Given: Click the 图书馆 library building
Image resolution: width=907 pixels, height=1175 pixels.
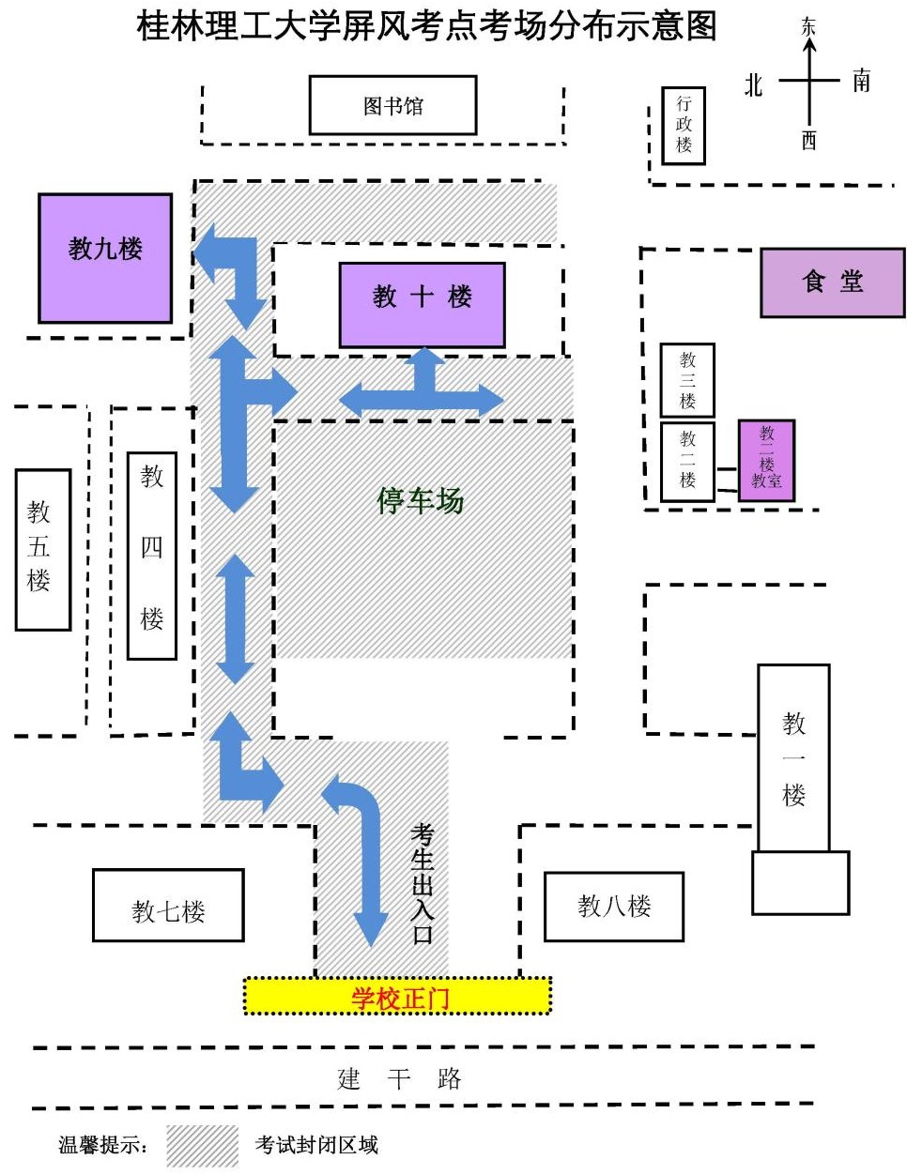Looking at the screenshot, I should (x=392, y=105).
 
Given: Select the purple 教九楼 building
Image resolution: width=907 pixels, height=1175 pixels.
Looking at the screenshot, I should (x=105, y=258).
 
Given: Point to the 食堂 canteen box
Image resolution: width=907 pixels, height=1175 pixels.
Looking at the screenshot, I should (x=832, y=282).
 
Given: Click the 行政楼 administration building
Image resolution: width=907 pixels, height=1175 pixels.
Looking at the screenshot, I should (x=683, y=126).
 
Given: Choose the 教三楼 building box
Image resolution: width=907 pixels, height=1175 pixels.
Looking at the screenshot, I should (x=687, y=380).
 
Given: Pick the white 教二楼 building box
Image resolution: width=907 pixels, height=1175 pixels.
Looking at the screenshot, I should (x=687, y=461).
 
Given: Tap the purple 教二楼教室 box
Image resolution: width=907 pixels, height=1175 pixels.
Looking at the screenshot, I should (x=766, y=460).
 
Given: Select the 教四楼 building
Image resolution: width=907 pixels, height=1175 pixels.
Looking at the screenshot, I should (x=152, y=556).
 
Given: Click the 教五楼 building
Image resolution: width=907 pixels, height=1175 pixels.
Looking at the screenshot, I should (x=43, y=549).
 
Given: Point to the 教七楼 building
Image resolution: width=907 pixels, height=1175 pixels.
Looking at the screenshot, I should (x=168, y=906).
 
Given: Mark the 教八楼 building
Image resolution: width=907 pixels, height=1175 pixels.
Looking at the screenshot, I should (x=614, y=906).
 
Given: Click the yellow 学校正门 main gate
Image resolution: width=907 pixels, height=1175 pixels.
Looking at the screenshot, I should (x=397, y=997).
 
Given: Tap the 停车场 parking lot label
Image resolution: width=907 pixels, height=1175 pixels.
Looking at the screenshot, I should (x=421, y=501).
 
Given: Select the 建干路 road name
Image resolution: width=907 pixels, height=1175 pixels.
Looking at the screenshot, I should (x=399, y=1078).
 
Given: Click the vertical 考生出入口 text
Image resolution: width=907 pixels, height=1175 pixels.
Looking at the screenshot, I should (x=423, y=882).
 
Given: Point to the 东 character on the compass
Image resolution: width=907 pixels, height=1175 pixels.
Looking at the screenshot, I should (x=808, y=26).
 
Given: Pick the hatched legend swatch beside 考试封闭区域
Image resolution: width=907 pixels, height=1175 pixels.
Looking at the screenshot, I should (x=202, y=1146).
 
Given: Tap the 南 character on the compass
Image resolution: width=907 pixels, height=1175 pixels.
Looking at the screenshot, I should (x=861, y=81).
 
